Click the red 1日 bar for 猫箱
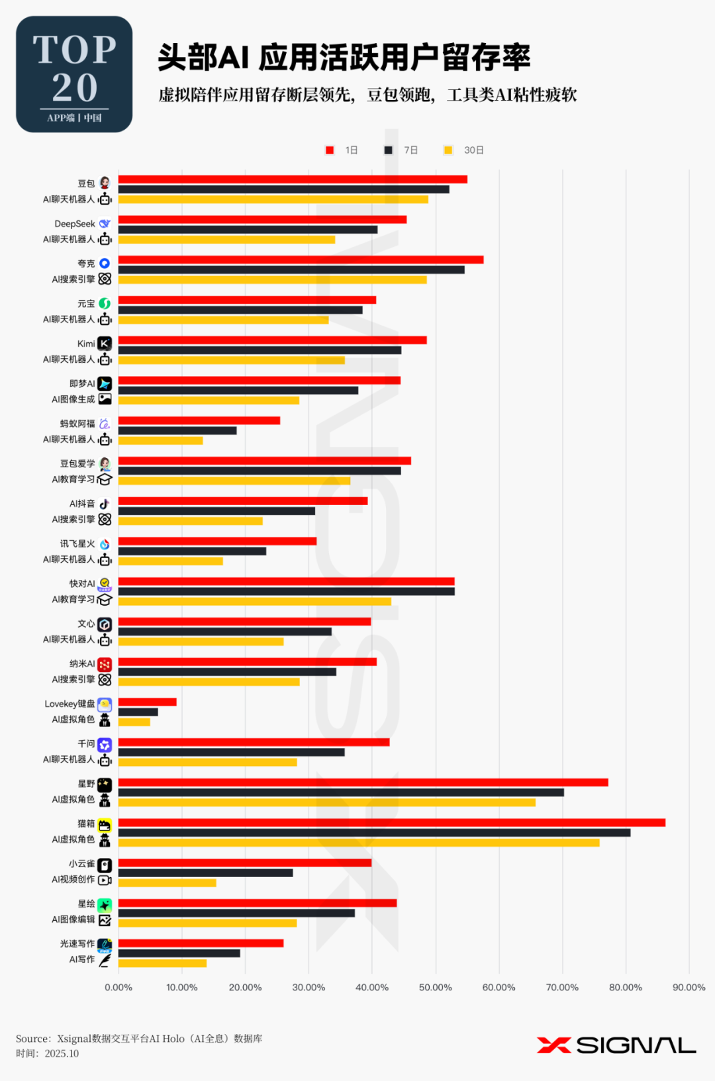(x=391, y=823)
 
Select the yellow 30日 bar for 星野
(x=326, y=802)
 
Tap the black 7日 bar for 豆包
(x=283, y=189)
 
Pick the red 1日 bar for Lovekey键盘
(x=147, y=702)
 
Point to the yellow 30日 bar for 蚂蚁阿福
(x=160, y=441)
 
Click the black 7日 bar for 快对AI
(x=286, y=591)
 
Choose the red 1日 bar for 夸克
(x=301, y=260)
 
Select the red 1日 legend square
(x=330, y=150)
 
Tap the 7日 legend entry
(x=402, y=150)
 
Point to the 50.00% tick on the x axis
(x=436, y=987)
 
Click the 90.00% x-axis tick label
(x=689, y=987)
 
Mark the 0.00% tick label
(x=119, y=987)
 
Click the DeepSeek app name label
(x=75, y=224)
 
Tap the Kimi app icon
(x=105, y=344)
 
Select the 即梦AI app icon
(x=105, y=384)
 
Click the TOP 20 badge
(x=74, y=74)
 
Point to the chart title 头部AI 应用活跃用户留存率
(x=344, y=58)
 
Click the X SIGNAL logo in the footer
(x=616, y=1045)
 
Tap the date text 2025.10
(x=62, y=1053)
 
